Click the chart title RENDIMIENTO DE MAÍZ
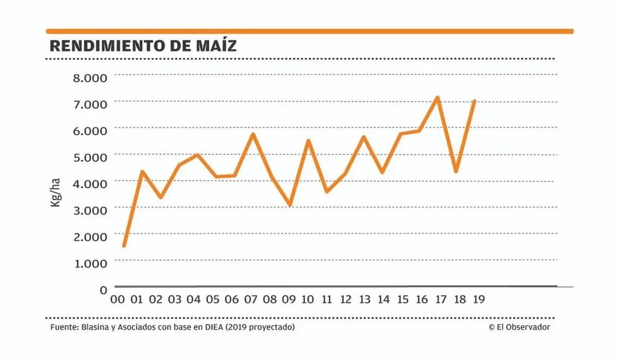[143, 46]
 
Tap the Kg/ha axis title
[55, 192]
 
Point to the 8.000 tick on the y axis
[90, 77]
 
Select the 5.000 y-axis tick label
[90, 156]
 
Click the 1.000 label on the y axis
[90, 262]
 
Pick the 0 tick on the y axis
[103, 289]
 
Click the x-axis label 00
[118, 299]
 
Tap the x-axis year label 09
[289, 299]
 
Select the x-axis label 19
[479, 299]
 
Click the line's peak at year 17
[438, 98]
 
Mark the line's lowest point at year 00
[124, 245]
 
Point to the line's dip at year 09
[290, 205]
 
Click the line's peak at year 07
[253, 134]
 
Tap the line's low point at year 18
[456, 172]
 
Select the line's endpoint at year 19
[475, 101]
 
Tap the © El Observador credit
[519, 327]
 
